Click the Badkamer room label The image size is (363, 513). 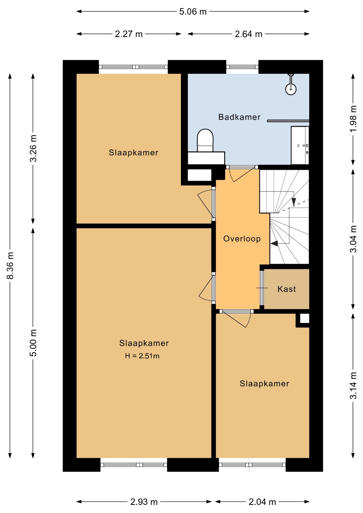point(239,117)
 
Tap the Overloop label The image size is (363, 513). point(242,239)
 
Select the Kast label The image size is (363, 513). point(287,289)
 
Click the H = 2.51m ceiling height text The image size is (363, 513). point(142,356)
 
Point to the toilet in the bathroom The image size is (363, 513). point(205,141)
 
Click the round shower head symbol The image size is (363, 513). point(291,89)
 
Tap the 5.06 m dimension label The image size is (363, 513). point(193,12)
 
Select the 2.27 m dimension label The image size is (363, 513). point(129,34)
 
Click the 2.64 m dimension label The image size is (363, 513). point(249,34)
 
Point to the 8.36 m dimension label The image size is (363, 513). point(10,266)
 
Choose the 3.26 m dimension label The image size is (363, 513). point(33,148)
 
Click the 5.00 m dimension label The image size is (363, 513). point(33,343)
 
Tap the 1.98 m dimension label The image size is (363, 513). point(353,119)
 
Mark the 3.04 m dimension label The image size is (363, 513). point(353,239)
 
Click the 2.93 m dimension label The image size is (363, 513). point(144,502)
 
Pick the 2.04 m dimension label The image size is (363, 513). point(262,502)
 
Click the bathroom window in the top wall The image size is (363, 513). point(242,67)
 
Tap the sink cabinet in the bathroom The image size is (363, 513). point(300,145)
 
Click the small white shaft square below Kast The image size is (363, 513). point(304,318)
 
